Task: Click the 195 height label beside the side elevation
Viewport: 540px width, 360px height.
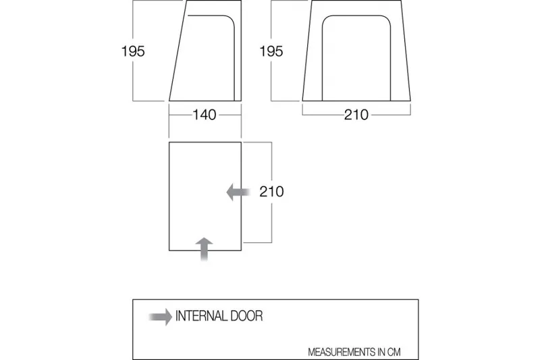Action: pyautogui.click(x=133, y=51)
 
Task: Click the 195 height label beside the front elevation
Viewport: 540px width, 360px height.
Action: pyautogui.click(x=271, y=51)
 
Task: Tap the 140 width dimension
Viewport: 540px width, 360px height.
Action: pyautogui.click(x=204, y=115)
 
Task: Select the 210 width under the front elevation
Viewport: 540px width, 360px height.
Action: pyautogui.click(x=356, y=115)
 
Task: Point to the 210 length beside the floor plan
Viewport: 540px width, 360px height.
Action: pyautogui.click(x=271, y=192)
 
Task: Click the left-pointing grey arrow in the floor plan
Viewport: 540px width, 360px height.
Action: pyautogui.click(x=237, y=192)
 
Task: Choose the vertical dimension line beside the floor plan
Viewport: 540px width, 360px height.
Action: pyautogui.click(x=271, y=162)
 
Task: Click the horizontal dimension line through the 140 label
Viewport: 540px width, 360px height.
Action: pyautogui.click(x=179, y=115)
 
